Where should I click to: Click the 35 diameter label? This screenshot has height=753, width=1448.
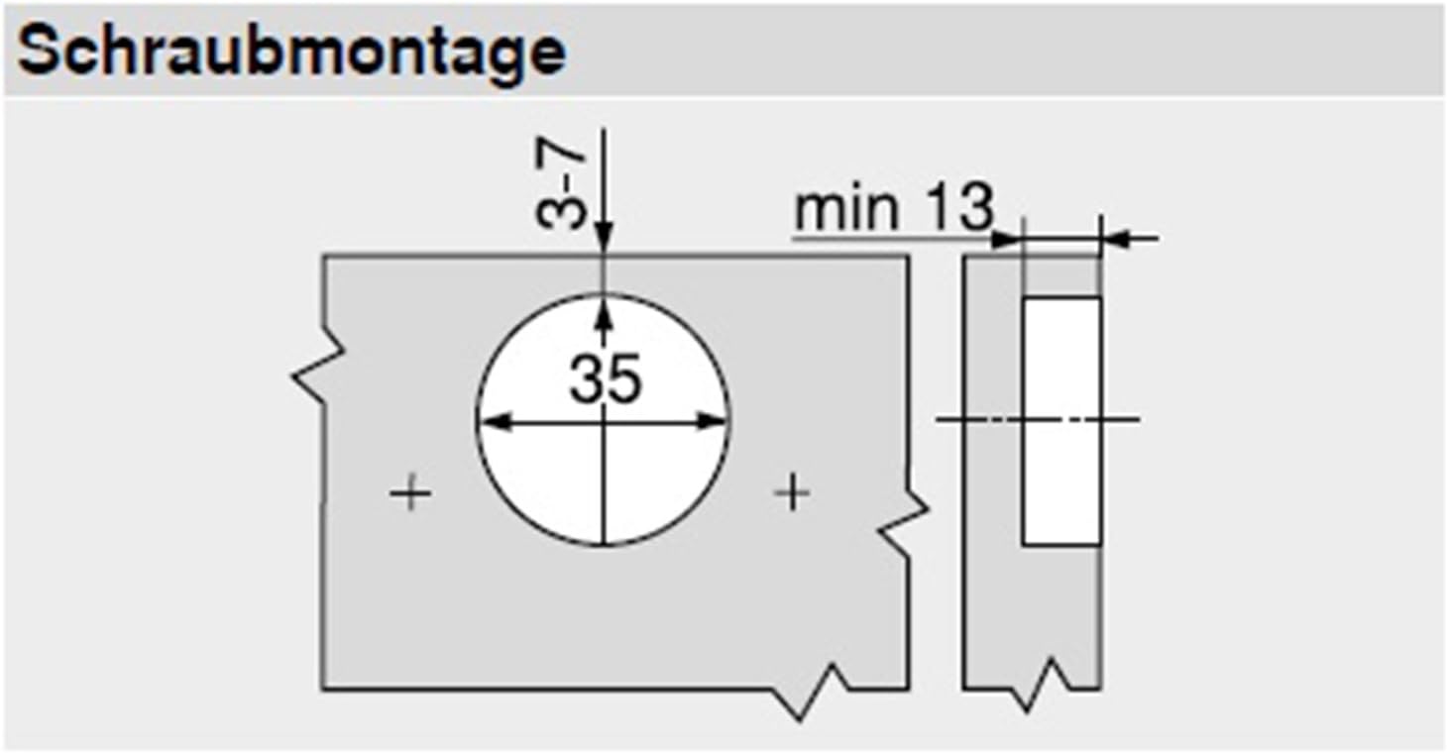605,379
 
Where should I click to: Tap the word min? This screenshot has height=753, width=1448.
847,210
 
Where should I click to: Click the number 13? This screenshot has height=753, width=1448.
959,208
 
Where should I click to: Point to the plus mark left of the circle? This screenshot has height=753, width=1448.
409,492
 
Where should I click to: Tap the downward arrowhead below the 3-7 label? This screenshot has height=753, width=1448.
604,244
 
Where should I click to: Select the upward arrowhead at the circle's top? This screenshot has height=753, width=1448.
604,309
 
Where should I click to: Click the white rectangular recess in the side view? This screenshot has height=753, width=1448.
1061,420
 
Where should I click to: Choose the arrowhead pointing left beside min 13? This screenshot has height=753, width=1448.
1116,238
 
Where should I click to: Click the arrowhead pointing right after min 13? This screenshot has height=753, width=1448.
1005,238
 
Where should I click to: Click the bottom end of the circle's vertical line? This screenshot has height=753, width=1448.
604,543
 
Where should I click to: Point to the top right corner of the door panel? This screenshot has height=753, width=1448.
908,257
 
